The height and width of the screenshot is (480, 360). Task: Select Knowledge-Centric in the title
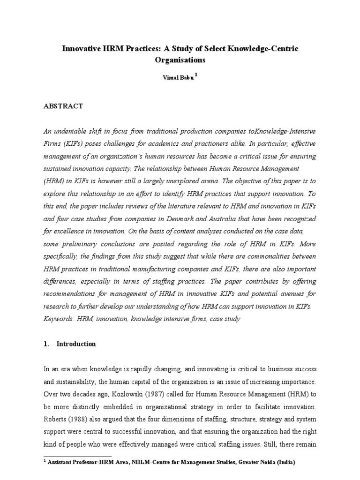[267, 49]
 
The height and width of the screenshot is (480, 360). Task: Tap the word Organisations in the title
[180, 60]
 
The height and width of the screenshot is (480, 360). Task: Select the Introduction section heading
[76, 344]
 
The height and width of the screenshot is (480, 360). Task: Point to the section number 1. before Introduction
[46, 344]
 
